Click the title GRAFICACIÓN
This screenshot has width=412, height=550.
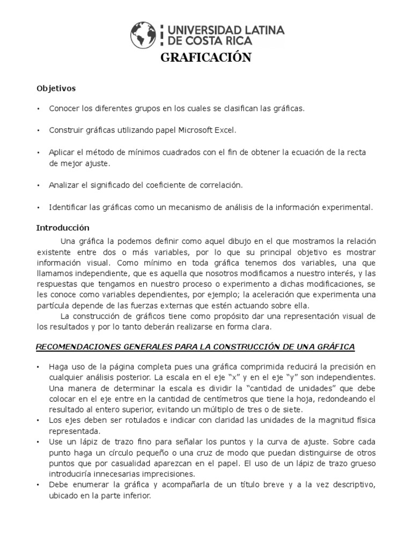(x=206, y=58)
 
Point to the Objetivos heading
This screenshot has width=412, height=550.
(x=56, y=88)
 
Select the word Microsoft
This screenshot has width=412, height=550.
(x=192, y=131)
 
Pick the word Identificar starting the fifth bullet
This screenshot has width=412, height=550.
(x=68, y=207)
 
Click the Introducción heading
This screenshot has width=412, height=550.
(x=63, y=228)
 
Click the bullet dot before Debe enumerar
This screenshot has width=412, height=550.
(x=39, y=485)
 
